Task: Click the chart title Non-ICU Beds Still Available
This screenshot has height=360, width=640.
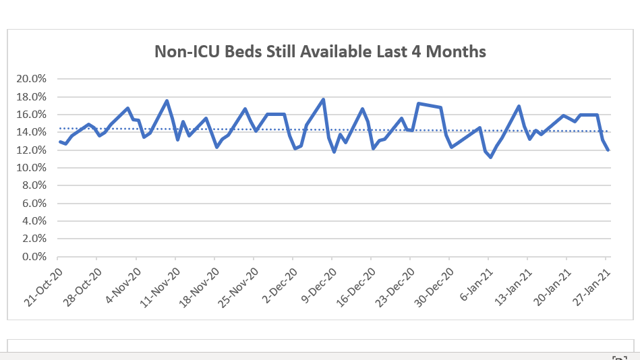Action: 320,51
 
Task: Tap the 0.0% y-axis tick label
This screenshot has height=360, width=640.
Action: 34,257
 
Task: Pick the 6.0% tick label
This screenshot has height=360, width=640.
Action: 34,204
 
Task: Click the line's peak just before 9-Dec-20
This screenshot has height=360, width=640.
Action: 324,100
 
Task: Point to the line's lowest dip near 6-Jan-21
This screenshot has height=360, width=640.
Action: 491,157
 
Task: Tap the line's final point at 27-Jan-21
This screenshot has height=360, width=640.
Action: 608,150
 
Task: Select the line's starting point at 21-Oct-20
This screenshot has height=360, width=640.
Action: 59,142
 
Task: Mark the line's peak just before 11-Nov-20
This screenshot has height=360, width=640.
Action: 167,101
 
